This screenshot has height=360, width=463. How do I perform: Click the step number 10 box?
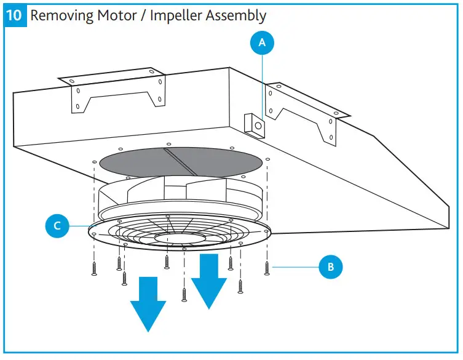coord(15,15)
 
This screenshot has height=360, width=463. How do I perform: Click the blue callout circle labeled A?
coord(263,43)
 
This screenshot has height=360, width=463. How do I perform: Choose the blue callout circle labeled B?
coord(330,267)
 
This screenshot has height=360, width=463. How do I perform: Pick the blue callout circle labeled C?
coord(57,226)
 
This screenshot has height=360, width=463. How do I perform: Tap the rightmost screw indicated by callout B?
coord(266,268)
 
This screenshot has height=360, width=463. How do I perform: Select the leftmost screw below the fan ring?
coord(94,268)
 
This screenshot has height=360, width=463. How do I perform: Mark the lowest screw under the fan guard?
coord(184,294)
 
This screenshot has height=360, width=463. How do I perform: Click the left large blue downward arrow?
coord(148,304)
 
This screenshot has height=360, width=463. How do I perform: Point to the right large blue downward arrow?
coord(209,280)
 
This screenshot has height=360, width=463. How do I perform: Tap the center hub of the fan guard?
coord(179,236)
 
